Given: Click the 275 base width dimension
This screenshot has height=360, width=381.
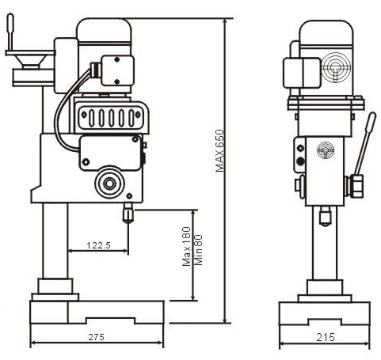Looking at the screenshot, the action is pos(97,337).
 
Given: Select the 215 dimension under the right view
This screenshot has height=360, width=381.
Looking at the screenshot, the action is pos(326,337).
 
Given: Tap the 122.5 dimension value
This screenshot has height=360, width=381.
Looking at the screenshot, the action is pos(99,245).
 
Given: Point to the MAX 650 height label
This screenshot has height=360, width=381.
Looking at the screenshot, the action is pos(219,150).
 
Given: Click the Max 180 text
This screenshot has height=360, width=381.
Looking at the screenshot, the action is pos(187,247).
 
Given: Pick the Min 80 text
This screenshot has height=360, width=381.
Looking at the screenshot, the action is pos(198,250).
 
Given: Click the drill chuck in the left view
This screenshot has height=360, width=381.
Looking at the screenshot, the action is pos(128,213).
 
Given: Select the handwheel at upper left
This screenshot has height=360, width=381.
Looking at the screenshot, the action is pos(31,61).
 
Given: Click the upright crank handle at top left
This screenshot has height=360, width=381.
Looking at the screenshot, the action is pos(10,32).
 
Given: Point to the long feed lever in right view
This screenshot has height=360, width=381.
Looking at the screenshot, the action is pos(365,144).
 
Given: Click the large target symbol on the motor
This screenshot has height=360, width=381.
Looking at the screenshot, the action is pos(336,67).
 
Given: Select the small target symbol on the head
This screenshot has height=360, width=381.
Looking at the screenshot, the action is pos(326,150).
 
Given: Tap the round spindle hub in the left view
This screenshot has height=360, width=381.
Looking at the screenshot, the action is pos(109,183).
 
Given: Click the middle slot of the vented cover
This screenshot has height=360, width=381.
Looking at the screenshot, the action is pos(111,118).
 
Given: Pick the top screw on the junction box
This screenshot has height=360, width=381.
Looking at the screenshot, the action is pos(117,59).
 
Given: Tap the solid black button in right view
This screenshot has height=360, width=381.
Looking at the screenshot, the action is pos(300,161).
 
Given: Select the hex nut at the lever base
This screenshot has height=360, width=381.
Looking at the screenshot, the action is pos(356,186).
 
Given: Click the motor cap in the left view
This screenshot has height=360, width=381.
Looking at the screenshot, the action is pos(104,30).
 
